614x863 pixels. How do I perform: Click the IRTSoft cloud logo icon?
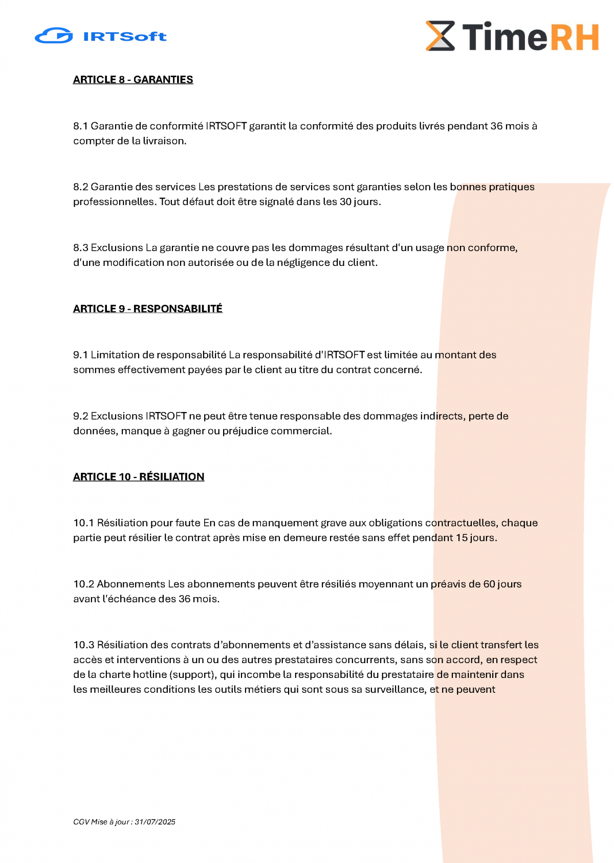pos(54,36)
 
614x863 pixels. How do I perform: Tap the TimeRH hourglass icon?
pos(440,36)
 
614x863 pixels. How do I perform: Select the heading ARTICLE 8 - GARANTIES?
pos(133,80)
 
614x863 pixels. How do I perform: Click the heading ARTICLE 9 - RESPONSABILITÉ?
pos(148,309)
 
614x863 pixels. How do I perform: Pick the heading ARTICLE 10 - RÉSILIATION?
pos(139,477)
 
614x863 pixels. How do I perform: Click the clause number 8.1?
pos(80,126)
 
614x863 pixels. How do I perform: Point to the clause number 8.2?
pos(80,187)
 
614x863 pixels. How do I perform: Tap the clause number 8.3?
pos(80,248)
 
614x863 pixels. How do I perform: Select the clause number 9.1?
pos(80,355)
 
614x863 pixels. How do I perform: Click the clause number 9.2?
pos(80,416)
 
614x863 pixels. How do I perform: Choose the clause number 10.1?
pos(83,523)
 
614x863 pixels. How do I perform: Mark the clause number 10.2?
pos(83,584)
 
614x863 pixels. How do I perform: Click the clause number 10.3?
pos(83,645)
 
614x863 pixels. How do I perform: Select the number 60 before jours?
pos(489,584)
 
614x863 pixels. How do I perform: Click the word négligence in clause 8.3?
pos(303,263)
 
